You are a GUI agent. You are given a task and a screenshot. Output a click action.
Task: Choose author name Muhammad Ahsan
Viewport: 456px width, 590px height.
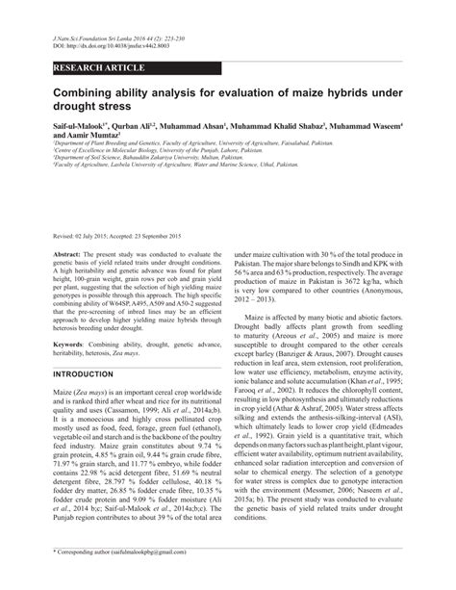(x=198, y=126)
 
